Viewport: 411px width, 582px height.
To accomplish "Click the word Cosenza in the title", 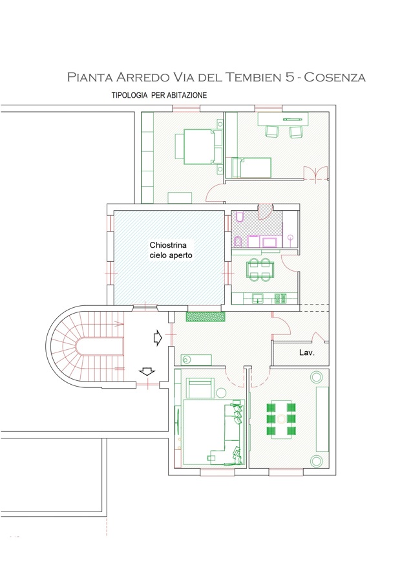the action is tap(335, 77).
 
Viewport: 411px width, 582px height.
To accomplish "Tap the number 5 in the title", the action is tap(290, 77).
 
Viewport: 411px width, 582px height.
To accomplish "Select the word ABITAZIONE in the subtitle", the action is tap(187, 95).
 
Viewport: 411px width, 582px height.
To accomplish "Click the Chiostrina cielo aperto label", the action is tap(171, 250).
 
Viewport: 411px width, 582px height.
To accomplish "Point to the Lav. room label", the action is tap(307, 352).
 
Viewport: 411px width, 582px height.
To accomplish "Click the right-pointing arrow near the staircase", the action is tap(158, 338).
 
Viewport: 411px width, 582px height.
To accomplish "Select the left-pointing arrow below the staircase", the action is tap(147, 371).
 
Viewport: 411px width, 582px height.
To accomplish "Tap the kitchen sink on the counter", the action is tap(258, 298).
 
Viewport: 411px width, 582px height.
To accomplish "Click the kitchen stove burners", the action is tap(280, 298).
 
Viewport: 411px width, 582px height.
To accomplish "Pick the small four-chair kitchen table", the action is tap(260, 269).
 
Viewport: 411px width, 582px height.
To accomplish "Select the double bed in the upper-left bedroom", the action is tap(199, 146).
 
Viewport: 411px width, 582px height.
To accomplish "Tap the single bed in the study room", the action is tap(251, 167).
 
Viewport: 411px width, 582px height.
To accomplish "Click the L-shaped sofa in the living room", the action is tap(234, 435).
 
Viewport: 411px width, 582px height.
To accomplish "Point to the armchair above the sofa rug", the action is tap(200, 388).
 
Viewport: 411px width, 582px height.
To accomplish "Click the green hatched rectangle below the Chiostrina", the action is tap(205, 316).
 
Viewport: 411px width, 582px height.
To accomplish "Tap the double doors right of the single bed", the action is tap(315, 173).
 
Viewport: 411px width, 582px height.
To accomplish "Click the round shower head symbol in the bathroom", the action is tap(290, 237).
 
